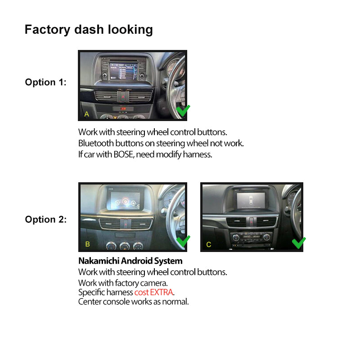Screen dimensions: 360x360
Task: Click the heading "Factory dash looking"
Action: click(89, 30)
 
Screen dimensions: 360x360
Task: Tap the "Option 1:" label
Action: click(46, 82)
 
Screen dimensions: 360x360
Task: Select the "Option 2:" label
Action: click(46, 220)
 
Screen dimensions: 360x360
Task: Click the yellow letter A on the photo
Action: click(86, 114)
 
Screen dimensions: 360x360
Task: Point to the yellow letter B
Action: click(87, 244)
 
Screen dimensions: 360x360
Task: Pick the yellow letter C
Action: click(208, 244)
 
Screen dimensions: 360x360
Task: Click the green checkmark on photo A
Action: click(183, 111)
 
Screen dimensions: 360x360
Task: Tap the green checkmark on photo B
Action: click(183, 241)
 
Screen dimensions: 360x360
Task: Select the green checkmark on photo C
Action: click(299, 243)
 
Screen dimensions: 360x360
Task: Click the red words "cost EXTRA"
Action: click(153, 292)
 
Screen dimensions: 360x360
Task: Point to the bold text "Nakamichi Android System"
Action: click(130, 261)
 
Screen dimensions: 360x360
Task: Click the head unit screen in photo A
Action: click(123, 71)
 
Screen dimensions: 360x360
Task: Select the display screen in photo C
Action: click(251, 200)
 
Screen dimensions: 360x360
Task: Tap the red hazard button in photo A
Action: click(123, 97)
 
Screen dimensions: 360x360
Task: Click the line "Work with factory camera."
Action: click(123, 283)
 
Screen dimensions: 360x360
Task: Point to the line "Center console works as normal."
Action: click(133, 301)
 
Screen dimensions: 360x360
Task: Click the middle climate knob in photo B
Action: click(125, 246)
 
